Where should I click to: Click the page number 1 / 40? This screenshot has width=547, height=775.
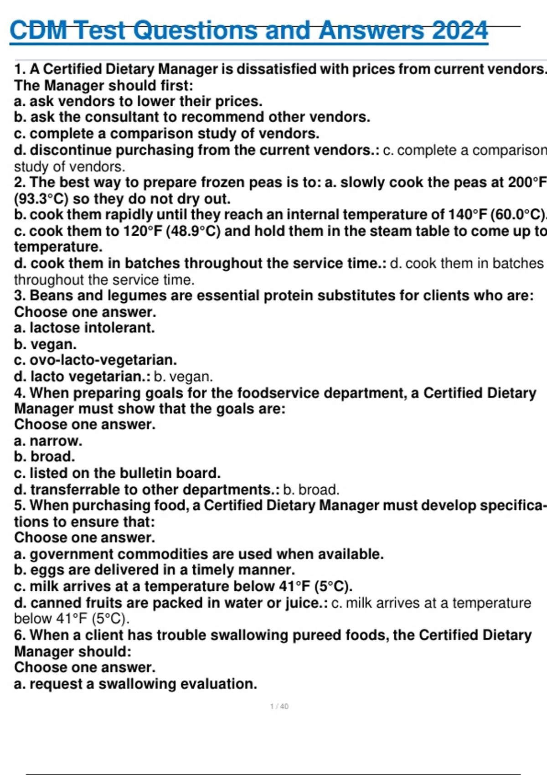pyautogui.click(x=279, y=706)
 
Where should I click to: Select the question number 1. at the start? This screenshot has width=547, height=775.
pyautogui.click(x=20, y=69)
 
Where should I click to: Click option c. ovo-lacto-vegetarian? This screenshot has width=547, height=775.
pyautogui.click(x=95, y=360)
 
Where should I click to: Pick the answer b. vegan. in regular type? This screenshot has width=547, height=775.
pyautogui.click(x=183, y=377)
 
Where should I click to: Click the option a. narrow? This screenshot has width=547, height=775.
pyautogui.click(x=48, y=441)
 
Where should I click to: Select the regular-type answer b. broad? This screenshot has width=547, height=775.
pyautogui.click(x=311, y=490)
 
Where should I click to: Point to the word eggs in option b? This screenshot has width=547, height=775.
pyautogui.click(x=44, y=570)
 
